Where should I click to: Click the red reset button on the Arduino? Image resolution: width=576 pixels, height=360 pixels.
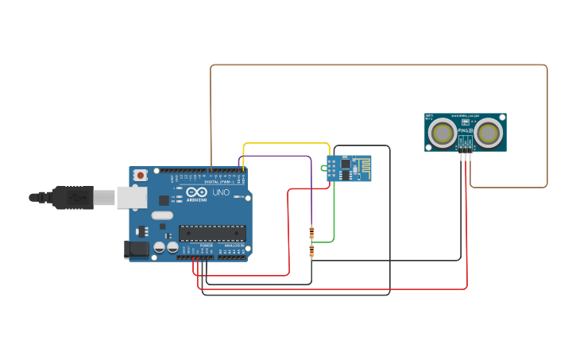pyautogui.click(x=141, y=175)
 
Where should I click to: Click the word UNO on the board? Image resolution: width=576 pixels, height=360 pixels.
pyautogui.click(x=220, y=192)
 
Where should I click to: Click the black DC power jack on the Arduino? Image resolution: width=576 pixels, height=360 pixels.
pyautogui.click(x=137, y=249)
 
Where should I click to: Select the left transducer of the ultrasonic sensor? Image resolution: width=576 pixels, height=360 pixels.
pyautogui.click(x=442, y=134)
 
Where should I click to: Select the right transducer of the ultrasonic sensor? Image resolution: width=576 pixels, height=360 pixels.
pyautogui.click(x=489, y=134)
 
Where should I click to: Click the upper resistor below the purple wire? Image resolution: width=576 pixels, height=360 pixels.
pyautogui.click(x=311, y=232)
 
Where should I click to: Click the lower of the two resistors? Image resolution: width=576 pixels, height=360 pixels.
pyautogui.click(x=311, y=251)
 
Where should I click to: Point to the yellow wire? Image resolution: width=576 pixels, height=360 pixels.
pyautogui.click(x=286, y=144)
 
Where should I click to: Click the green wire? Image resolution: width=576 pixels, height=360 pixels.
pyautogui.click(x=334, y=215)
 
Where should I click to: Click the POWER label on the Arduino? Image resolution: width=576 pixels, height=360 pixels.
pyautogui.click(x=206, y=246)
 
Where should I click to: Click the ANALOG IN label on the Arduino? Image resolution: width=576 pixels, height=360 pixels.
pyautogui.click(x=234, y=246)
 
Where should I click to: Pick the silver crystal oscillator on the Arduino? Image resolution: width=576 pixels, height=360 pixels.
pyautogui.click(x=162, y=215)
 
